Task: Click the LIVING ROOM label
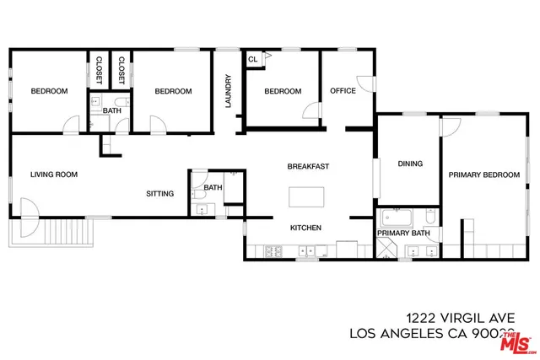coord(54,175)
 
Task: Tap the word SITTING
coord(160,194)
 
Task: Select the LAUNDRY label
coord(228,92)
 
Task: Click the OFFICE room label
coord(343,91)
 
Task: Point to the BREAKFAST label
coord(308,166)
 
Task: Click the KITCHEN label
coord(306,228)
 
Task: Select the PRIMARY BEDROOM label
coord(483,175)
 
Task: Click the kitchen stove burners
coord(274,250)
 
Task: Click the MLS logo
coord(517,341)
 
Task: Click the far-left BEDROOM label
coord(49,91)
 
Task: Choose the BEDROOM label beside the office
coord(283,91)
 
